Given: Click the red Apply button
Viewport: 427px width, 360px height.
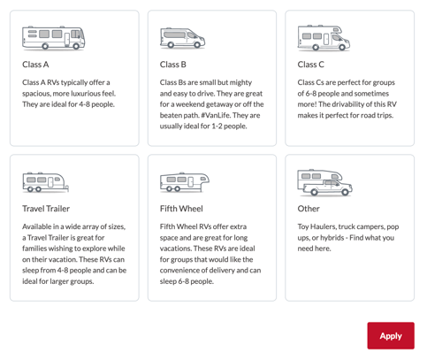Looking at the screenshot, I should pyautogui.click(x=391, y=335).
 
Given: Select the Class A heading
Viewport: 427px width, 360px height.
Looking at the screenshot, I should pyautogui.click(x=35, y=65).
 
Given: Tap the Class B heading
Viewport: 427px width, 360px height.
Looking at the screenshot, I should pyautogui.click(x=173, y=65).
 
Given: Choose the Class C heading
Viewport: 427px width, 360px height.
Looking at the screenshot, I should pyautogui.click(x=311, y=65).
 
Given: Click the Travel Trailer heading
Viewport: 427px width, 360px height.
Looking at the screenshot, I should pyautogui.click(x=46, y=209).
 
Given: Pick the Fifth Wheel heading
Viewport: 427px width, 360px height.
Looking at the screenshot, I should pyautogui.click(x=181, y=209).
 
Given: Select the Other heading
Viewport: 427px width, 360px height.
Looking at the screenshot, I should pyautogui.click(x=309, y=209).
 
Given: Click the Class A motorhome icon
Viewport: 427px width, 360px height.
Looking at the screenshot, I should pyautogui.click(x=53, y=37).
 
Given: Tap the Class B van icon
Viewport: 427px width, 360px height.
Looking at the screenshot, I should pyautogui.click(x=183, y=38).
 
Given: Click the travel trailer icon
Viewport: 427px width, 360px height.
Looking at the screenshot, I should pyautogui.click(x=45, y=182).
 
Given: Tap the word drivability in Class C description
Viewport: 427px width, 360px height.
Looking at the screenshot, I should pyautogui.click(x=355, y=104).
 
